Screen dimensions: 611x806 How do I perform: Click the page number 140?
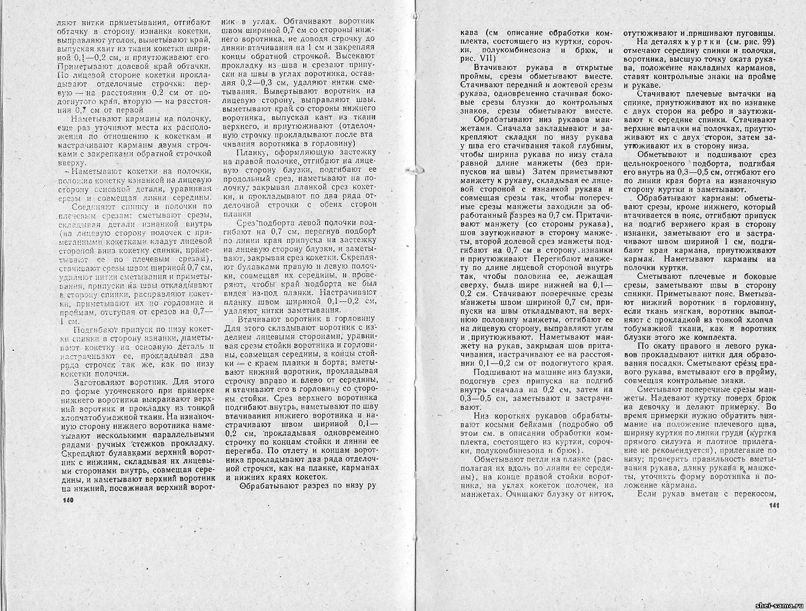(x=68, y=500)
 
